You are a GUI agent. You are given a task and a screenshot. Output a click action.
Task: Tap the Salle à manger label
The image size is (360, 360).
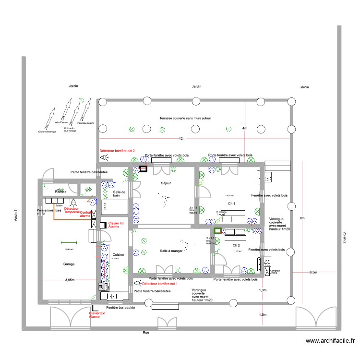tap(171, 251)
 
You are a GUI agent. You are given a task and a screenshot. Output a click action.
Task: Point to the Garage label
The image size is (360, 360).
tap(70, 264)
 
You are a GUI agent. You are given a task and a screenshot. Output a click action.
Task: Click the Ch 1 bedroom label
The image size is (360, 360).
tap(232, 204)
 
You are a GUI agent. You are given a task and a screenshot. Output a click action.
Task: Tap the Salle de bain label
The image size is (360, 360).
tap(120, 194)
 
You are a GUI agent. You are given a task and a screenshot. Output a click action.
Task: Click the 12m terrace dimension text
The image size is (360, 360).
tap(182, 139)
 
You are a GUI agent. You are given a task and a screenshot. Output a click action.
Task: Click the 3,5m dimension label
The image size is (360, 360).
tap(313, 272)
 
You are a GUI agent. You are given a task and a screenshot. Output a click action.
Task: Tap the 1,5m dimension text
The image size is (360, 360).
tap(263, 314)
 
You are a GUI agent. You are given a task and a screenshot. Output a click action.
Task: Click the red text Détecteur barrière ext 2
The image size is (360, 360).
tap(117, 150)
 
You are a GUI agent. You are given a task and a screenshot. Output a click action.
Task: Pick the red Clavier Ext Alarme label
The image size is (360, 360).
tap(97, 315)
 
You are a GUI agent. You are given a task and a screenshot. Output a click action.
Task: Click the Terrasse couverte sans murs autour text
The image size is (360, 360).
tap(185, 118)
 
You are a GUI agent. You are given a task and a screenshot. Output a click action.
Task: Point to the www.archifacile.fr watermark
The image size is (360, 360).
tap(330, 341)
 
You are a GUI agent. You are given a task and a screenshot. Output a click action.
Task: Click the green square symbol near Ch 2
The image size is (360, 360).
tap(218, 231)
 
